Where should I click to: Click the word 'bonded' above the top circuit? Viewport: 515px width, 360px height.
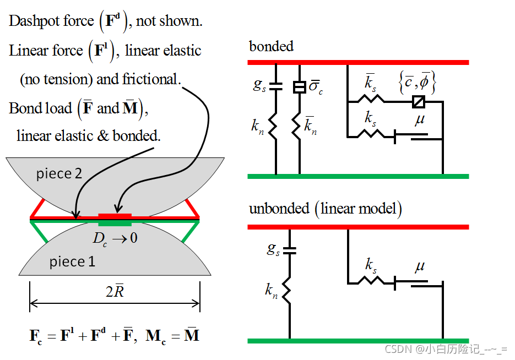pos(271,46)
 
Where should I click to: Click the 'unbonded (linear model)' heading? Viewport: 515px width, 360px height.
pos(325,209)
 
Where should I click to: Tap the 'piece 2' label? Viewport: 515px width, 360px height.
pos(59,174)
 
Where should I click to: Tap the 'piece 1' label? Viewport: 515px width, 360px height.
pos(72,261)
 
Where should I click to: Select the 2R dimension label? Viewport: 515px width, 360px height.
pos(115,292)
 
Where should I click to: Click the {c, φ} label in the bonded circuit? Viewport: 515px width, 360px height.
pos(417,83)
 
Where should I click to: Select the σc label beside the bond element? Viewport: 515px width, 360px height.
pos(315,88)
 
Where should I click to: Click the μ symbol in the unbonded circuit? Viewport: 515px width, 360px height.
pos(420,266)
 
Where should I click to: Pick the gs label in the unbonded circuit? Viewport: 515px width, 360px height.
pos(273,248)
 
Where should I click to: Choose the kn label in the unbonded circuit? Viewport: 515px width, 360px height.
pos(271,290)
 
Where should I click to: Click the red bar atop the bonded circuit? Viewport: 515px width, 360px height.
pos(358,62)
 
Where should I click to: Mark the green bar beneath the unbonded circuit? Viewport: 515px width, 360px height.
pos(358,341)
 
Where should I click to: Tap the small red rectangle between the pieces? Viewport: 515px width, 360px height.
pos(115,215)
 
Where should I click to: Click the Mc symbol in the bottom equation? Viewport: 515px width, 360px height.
pos(156,335)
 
